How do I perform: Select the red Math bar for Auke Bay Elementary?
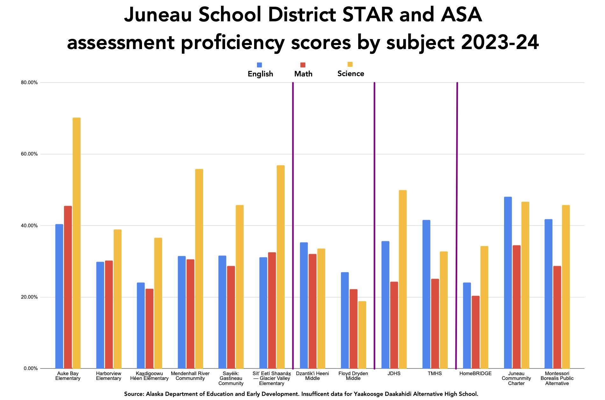[68, 287]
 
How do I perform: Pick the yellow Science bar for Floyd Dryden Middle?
[362, 335]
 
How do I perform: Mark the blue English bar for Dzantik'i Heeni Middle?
[304, 305]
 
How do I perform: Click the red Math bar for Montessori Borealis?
[557, 317]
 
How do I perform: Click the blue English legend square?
[260, 65]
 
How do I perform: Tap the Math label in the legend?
[303, 74]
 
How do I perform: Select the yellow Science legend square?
[350, 64]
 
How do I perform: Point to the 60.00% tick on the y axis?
[29, 154]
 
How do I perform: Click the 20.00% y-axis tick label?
[29, 297]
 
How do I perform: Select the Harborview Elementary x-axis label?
[109, 376]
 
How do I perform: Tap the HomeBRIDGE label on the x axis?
[475, 374]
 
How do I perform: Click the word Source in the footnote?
[133, 394]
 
